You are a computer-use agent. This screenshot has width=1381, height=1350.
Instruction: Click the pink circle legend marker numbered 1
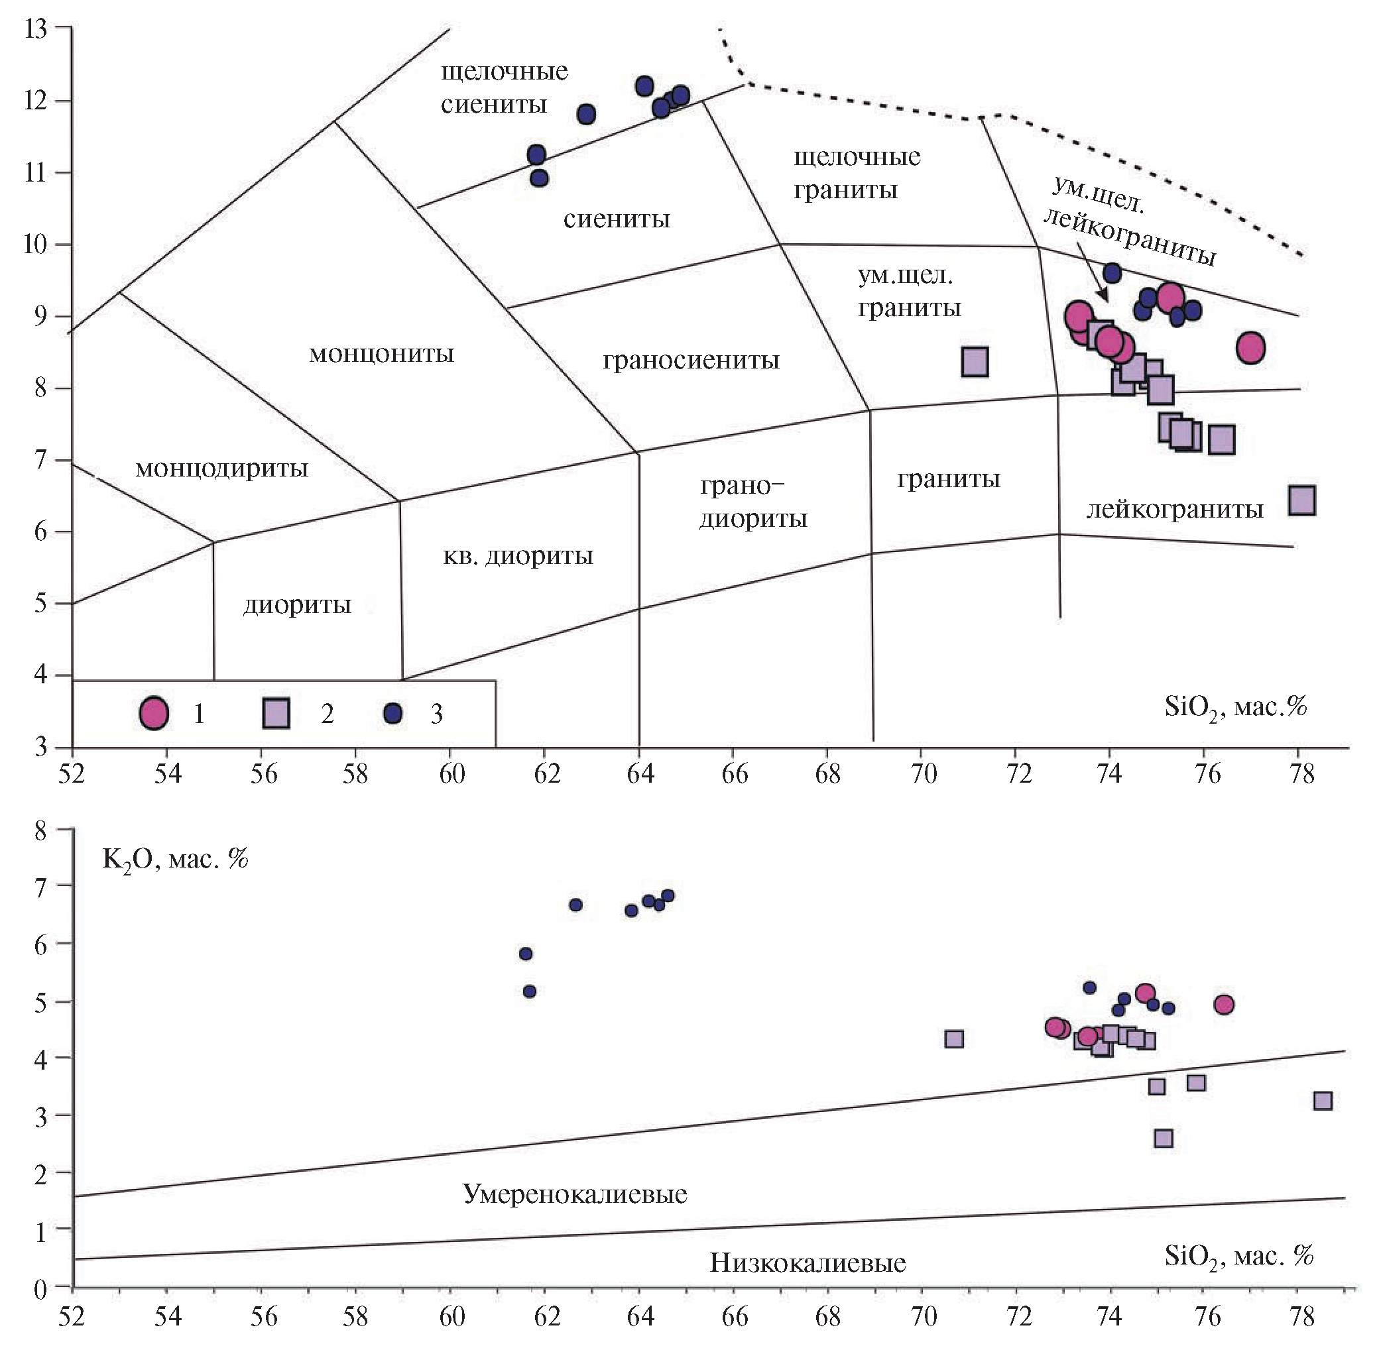[154, 712]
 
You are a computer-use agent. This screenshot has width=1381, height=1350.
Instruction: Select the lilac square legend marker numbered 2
[276, 712]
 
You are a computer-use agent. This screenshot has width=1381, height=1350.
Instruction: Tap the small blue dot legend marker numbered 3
[392, 712]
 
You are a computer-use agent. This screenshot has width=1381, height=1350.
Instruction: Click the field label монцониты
[381, 354]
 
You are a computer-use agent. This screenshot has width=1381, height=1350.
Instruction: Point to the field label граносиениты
[691, 361]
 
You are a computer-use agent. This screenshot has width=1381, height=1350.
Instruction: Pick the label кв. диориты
[518, 556]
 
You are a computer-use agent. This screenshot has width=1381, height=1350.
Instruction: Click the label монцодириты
[221, 469]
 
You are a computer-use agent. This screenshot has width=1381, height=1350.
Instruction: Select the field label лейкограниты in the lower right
[1175, 509]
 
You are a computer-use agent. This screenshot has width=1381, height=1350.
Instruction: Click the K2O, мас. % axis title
[175, 860]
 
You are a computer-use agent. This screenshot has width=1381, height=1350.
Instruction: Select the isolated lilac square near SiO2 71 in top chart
[975, 362]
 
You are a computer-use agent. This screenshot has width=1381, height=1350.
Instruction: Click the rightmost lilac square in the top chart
[1301, 500]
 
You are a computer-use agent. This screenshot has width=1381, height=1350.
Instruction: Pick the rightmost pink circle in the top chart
[1250, 347]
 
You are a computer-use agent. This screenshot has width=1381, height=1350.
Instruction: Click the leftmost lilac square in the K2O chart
[954, 1039]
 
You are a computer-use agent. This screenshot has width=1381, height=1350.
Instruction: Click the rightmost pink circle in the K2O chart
[1223, 1005]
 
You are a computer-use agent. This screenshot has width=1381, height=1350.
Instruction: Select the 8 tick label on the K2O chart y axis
[40, 831]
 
